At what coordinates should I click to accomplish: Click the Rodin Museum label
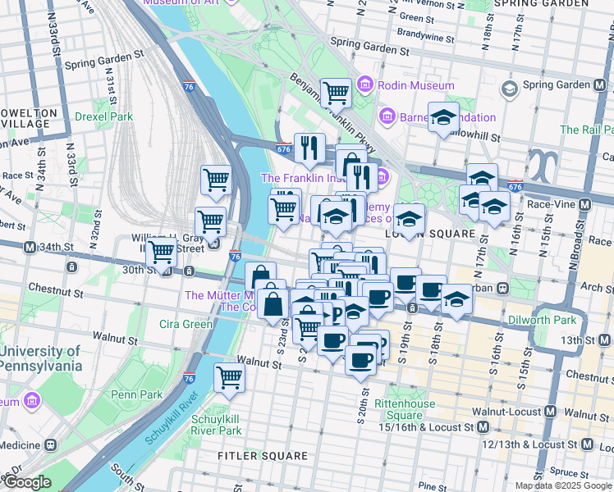pyautogui.click(x=416, y=85)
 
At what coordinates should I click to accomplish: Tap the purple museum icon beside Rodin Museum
pyautogui.click(x=365, y=85)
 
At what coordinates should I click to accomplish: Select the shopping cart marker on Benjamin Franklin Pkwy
pyautogui.click(x=335, y=93)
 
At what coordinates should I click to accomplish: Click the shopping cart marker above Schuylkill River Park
pyautogui.click(x=229, y=377)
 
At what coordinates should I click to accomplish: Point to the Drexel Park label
pyautogui.click(x=103, y=116)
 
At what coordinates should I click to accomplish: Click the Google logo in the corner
pyautogui.click(x=27, y=482)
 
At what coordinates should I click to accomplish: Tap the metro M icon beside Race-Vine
pyautogui.click(x=584, y=204)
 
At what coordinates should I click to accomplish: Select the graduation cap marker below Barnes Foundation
pyautogui.click(x=443, y=118)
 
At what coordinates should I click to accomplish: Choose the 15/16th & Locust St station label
pyautogui.click(x=427, y=427)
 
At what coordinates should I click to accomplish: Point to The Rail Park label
pyautogui.click(x=586, y=130)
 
